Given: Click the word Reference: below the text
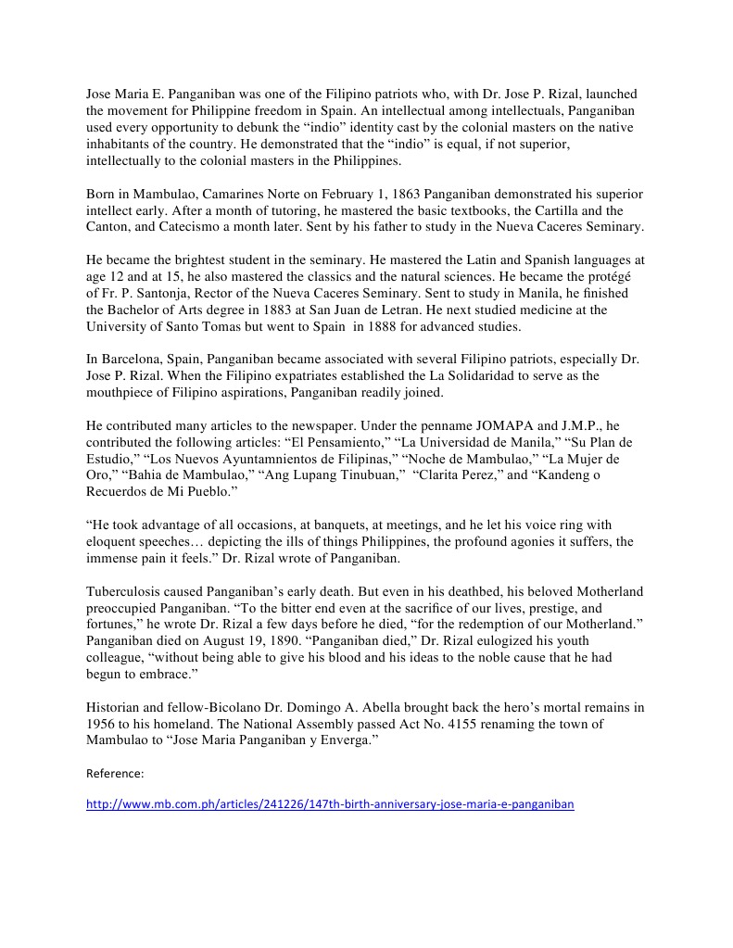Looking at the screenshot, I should (115, 772).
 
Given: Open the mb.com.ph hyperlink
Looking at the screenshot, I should (330, 804).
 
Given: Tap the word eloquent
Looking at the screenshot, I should (116, 541).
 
